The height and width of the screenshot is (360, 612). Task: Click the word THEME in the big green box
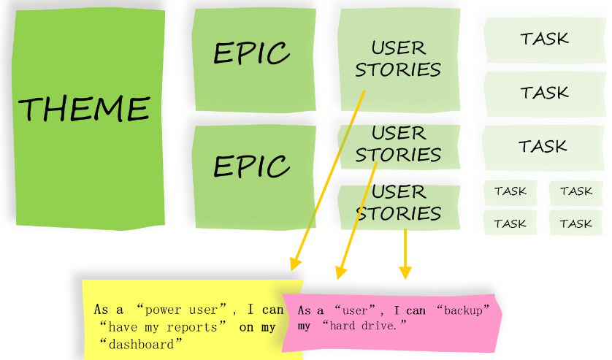click(83, 109)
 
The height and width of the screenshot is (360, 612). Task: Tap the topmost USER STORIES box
click(398, 58)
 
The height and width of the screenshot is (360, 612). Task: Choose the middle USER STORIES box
click(399, 144)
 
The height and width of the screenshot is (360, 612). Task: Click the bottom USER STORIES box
click(399, 203)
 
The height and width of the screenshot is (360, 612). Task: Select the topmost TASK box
click(544, 38)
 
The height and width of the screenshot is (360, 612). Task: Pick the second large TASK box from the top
click(544, 93)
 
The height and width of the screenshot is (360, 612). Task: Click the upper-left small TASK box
click(510, 191)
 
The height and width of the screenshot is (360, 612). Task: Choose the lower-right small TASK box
click(575, 223)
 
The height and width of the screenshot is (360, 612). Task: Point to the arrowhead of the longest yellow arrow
click(295, 264)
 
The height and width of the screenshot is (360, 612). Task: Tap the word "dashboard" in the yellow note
click(142, 344)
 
